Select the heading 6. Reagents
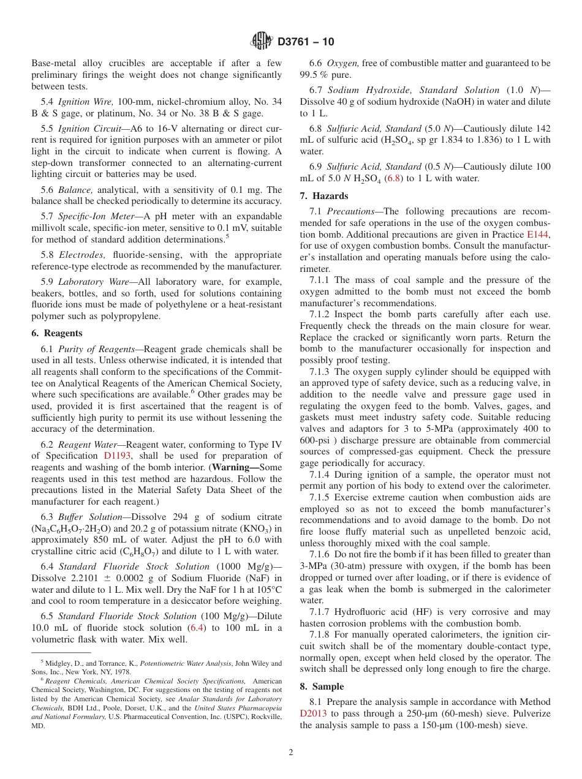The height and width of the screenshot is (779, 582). pyautogui.click(x=56, y=333)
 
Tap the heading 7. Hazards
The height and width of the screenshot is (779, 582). pyautogui.click(x=323, y=196)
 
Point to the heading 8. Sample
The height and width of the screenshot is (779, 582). pyautogui.click(x=322, y=687)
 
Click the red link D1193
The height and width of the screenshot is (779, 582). pyautogui.click(x=116, y=456)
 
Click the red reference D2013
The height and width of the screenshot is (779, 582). pyautogui.click(x=314, y=713)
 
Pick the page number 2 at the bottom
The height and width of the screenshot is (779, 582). pyautogui.click(x=291, y=753)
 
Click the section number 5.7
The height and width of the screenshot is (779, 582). pyautogui.click(x=47, y=216)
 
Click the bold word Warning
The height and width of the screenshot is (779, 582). pyautogui.click(x=233, y=467)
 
